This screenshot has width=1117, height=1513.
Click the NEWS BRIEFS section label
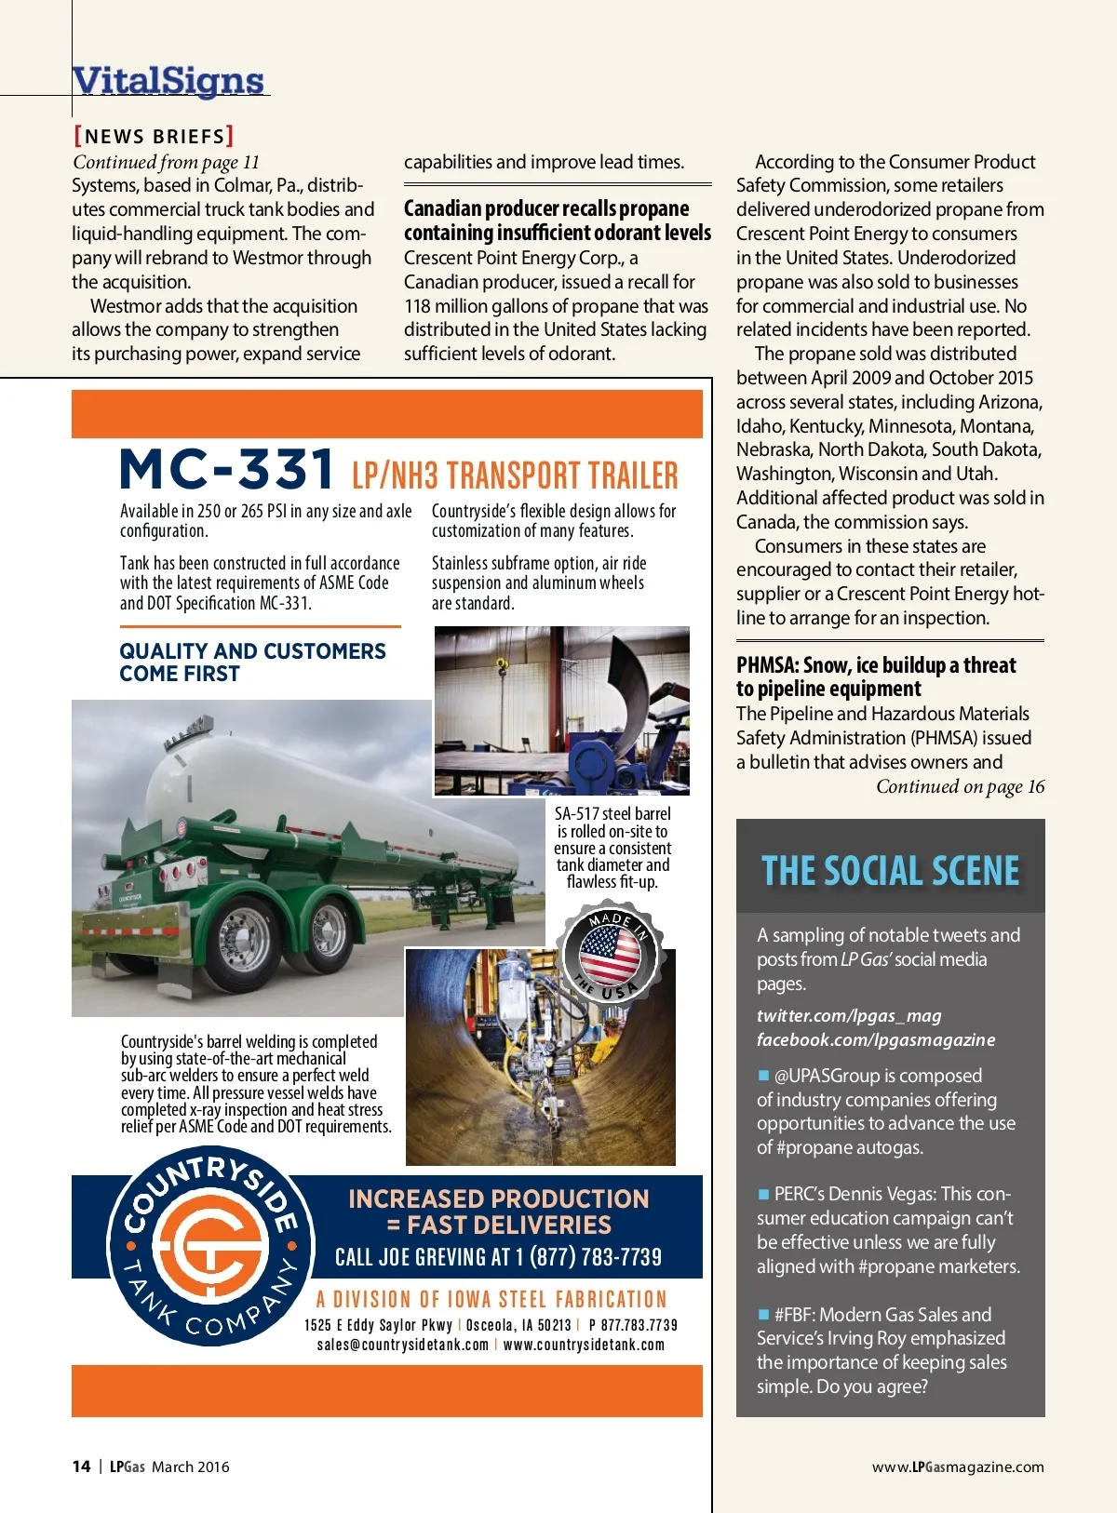coord(154,137)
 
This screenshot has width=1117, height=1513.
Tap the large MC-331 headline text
coord(227,469)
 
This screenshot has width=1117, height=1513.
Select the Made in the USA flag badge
coord(611,954)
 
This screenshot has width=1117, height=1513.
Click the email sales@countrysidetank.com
coord(402,1345)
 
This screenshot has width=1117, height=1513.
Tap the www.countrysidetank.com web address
coord(584,1345)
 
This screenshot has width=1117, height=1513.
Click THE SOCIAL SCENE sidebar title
coord(891,871)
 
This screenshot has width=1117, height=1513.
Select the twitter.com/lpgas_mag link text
coord(849,1016)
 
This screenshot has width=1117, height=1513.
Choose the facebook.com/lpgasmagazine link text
coord(876,1040)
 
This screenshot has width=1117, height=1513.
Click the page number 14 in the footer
coord(81,1466)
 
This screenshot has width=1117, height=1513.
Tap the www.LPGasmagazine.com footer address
coord(958,1466)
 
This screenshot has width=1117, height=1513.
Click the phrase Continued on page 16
coord(960,787)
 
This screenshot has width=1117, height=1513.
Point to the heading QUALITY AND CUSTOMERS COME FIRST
coord(252,663)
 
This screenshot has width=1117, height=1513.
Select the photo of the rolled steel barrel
coord(562,711)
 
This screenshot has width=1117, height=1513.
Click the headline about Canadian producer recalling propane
coord(557,221)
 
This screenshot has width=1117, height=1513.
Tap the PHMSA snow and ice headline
coord(876,676)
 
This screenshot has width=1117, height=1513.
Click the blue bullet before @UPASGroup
coord(764,1076)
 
